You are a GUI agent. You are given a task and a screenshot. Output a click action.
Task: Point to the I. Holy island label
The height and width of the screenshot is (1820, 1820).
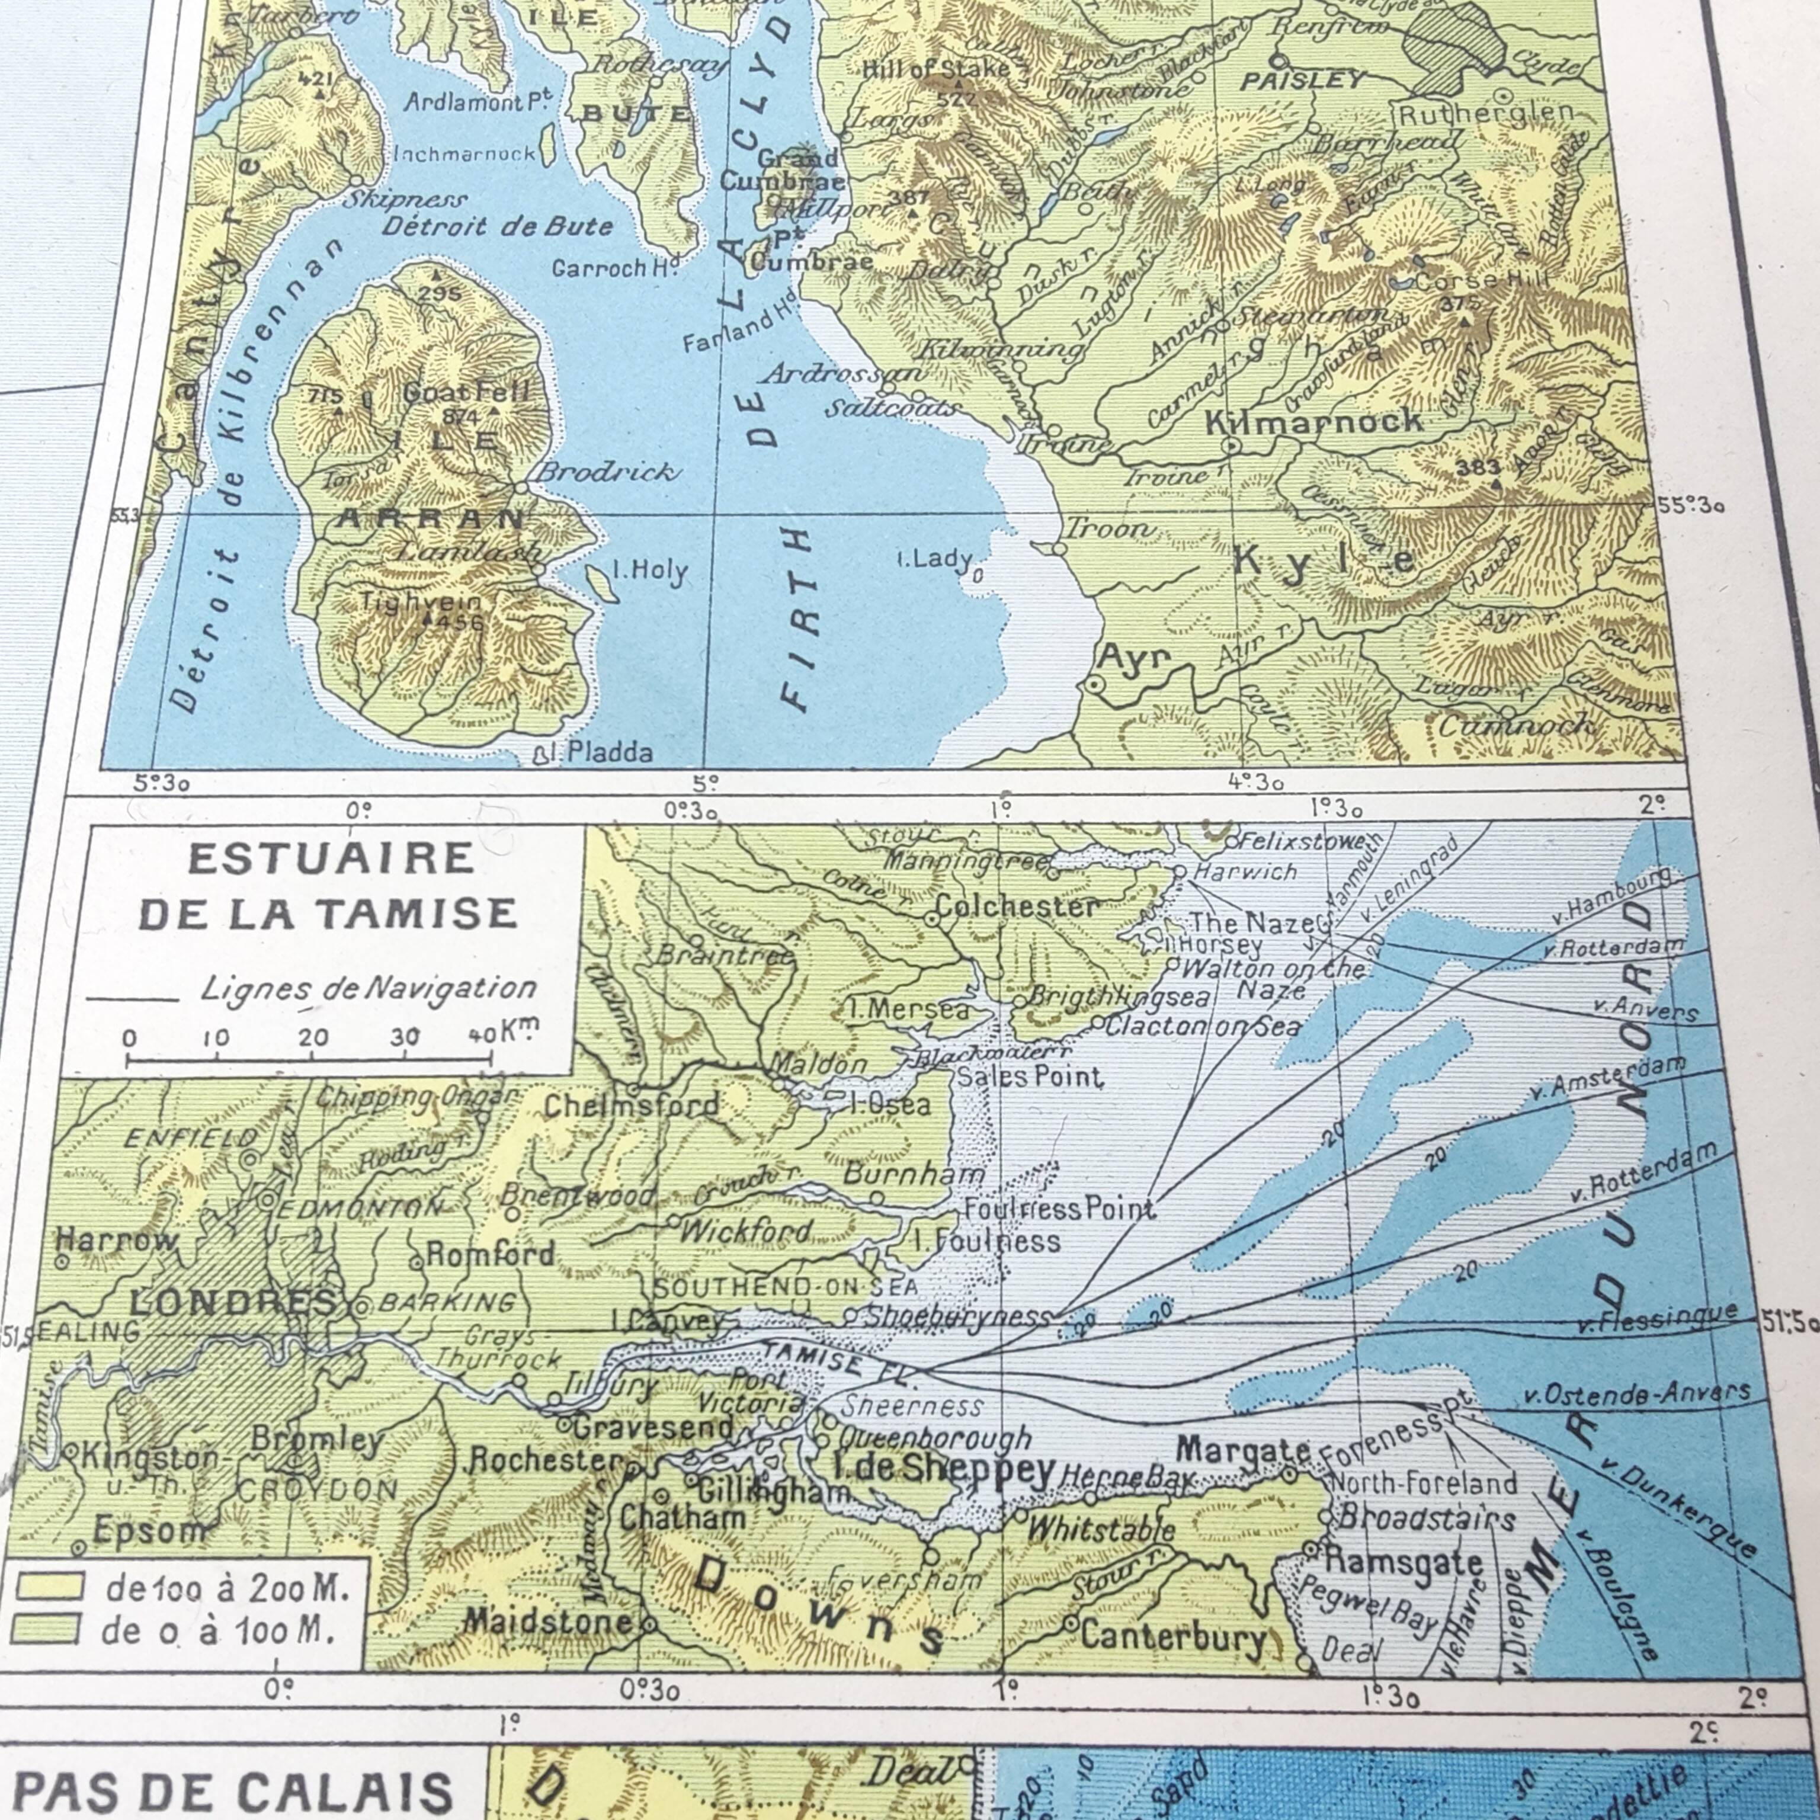tap(650, 571)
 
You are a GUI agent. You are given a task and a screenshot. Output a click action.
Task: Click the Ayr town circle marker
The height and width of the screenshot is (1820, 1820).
tap(1092, 686)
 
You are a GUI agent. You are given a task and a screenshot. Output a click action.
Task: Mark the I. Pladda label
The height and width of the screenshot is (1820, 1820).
tap(603, 752)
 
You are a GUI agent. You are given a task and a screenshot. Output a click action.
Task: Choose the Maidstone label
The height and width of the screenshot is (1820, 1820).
tap(549, 1621)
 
